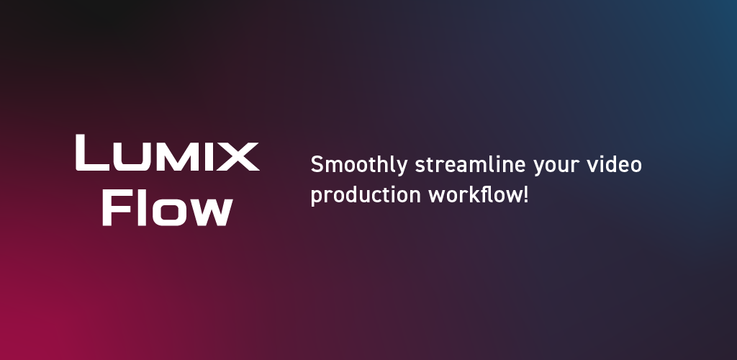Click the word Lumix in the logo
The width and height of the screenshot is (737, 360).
pos(167,152)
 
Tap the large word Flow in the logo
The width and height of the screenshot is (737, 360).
pos(167,207)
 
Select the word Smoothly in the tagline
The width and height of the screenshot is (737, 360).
pos(359,165)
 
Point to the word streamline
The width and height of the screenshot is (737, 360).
pos(470,164)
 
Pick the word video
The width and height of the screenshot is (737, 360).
pos(615,164)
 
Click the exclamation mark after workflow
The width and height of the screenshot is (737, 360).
pos(526,195)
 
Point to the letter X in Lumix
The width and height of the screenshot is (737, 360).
pos(240,156)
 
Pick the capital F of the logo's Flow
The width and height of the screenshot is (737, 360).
pos(116,207)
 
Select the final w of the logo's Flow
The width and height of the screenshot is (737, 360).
pos(210,212)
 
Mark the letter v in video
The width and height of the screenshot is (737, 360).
pos(593,166)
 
